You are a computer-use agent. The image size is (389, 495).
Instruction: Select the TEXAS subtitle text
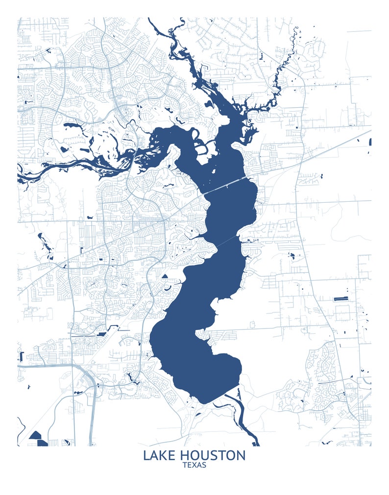(x=194, y=465)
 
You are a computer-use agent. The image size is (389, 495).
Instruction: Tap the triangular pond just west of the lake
(x=165, y=276)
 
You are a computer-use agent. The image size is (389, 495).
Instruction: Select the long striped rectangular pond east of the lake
(x=340, y=298)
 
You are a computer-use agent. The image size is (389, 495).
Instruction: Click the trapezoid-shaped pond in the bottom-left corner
(x=35, y=434)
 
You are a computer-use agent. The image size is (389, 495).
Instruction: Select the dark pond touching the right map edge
(x=370, y=142)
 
